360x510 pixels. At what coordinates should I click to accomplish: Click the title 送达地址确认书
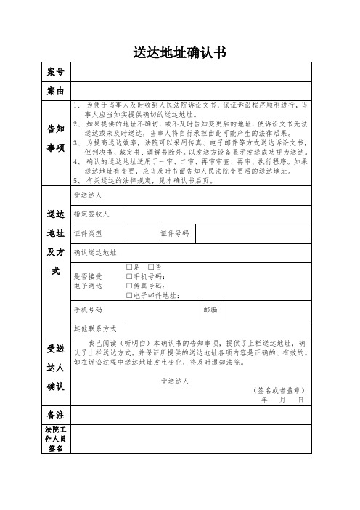point(180,52)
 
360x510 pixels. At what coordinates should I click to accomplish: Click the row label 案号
point(56,73)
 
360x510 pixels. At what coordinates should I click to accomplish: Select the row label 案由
point(56,92)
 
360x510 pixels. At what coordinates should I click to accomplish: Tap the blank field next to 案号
point(191,73)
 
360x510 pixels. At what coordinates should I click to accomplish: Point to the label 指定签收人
point(91,214)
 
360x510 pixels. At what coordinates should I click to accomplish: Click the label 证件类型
point(88,233)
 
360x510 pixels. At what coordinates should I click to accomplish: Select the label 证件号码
point(174,233)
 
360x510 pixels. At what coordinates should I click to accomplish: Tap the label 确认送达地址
point(94,252)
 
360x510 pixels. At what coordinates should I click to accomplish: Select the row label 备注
point(56,415)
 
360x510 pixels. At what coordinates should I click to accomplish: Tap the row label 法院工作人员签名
point(56,440)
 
